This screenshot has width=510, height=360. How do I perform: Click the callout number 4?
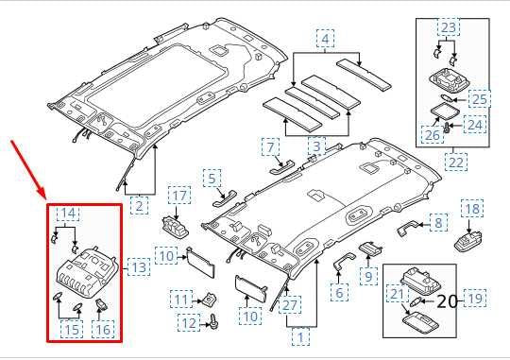pyautogui.click(x=326, y=40)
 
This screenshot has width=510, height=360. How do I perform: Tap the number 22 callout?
pyautogui.click(x=456, y=163)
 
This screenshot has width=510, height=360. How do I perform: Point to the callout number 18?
pyautogui.click(x=471, y=208)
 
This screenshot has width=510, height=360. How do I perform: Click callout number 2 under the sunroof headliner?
pyautogui.click(x=138, y=204)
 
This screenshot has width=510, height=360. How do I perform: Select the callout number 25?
pyautogui.click(x=480, y=97)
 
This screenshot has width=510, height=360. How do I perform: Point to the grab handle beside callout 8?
pyautogui.click(x=409, y=228)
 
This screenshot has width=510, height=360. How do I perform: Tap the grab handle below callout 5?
pyautogui.click(x=225, y=197)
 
